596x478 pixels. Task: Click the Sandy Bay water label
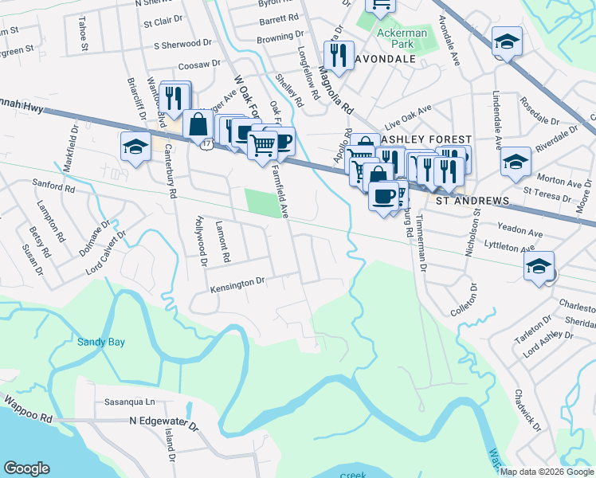click(x=101, y=342)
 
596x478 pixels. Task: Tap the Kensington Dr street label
click(x=237, y=284)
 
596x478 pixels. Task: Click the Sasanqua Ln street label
click(x=129, y=402)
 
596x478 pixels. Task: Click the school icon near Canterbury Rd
click(x=135, y=147)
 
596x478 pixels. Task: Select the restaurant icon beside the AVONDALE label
click(x=339, y=55)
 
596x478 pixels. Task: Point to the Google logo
click(x=27, y=468)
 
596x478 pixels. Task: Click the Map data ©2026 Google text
click(x=547, y=472)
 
